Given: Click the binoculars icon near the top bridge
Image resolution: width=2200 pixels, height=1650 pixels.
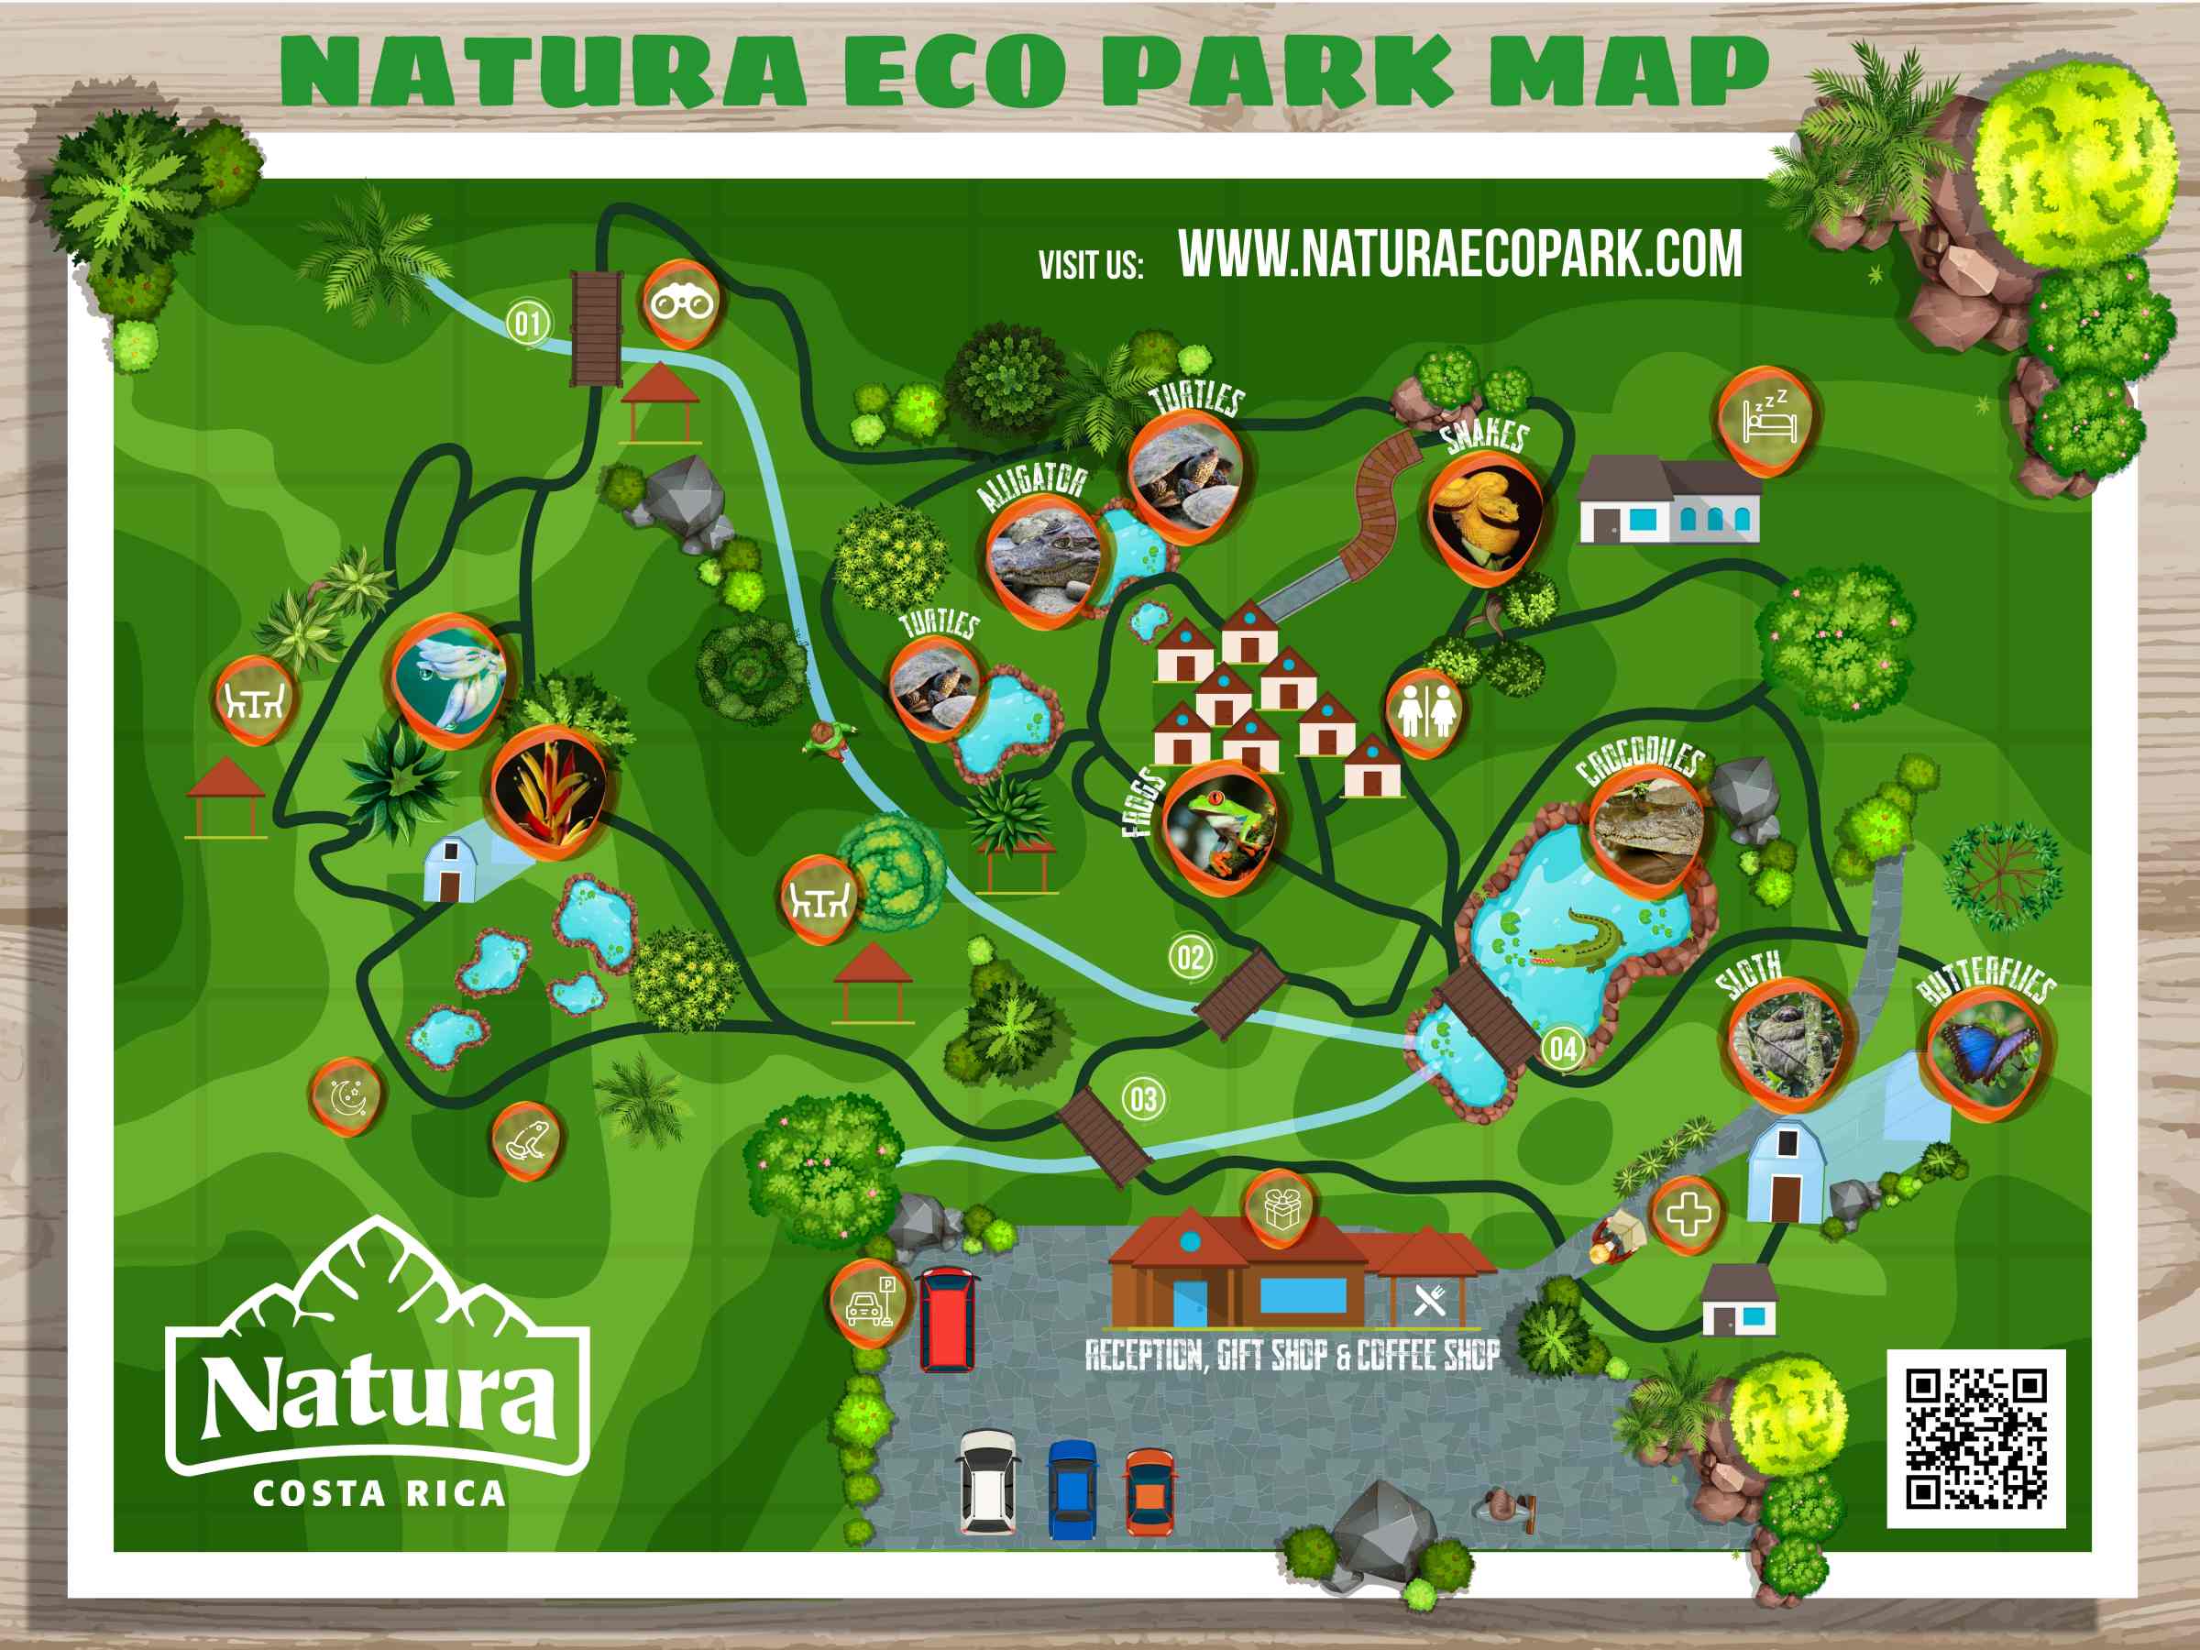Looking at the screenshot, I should point(681,302).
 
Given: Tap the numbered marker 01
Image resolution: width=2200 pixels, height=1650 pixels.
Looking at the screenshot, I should point(528,324).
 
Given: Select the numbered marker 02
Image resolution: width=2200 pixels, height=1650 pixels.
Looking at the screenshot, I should point(1191,958).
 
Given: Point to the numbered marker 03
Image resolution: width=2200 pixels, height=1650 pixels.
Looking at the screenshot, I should point(1144,1099).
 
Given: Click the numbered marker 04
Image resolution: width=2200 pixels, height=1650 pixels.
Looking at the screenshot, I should point(1563,1049).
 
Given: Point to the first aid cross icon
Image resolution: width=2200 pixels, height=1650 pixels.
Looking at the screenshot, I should point(1688,1215).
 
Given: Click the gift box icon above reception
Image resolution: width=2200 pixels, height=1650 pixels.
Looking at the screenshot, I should point(1281,1209).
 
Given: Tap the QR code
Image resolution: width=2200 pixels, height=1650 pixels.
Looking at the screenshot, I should point(1976,1438).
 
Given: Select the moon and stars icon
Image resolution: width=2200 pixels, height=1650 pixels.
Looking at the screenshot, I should point(347,1097).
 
